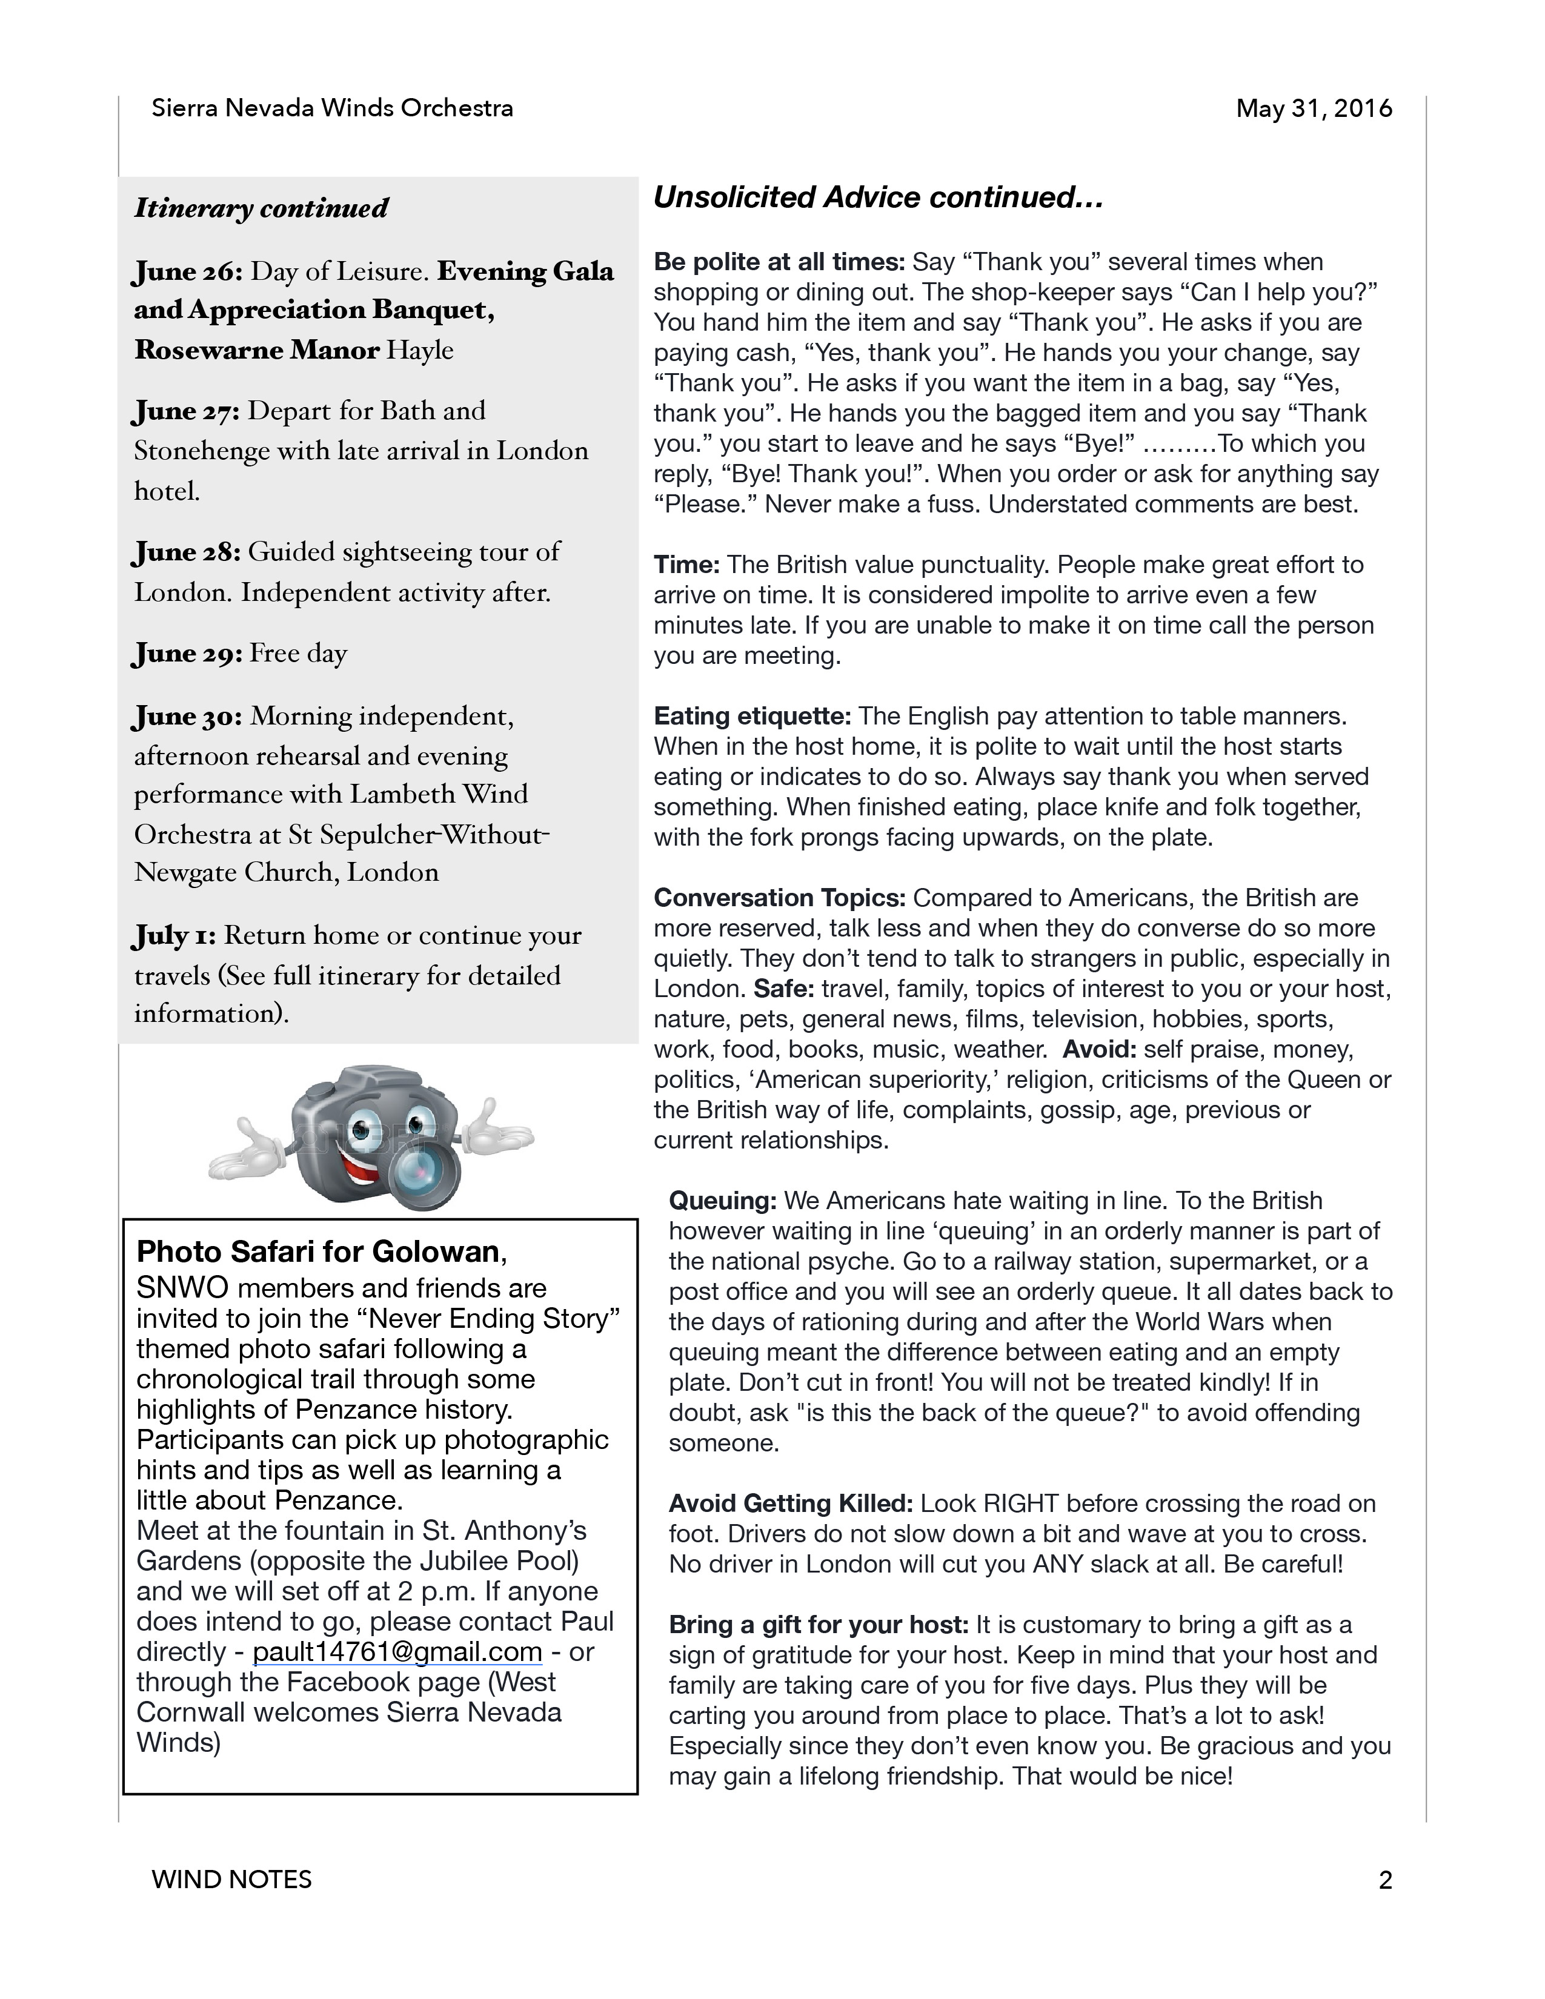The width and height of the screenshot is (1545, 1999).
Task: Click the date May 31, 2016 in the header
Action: click(x=1314, y=109)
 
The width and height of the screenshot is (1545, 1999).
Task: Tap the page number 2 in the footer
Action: click(x=1385, y=1880)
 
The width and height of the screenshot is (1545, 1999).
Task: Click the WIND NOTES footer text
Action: click(x=231, y=1880)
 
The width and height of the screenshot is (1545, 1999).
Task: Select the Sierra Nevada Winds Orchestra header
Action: click(x=332, y=109)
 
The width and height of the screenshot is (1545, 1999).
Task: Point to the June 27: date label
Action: click(x=187, y=411)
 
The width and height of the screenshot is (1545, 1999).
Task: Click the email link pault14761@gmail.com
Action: click(x=397, y=1652)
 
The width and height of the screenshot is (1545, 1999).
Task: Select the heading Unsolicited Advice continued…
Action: click(x=878, y=197)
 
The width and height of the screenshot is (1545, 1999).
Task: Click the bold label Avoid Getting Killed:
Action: click(x=791, y=1504)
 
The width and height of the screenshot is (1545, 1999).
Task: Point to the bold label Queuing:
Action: click(x=723, y=1201)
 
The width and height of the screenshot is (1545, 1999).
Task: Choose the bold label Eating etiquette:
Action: click(x=753, y=716)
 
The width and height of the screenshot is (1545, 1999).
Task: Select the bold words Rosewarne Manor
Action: click(x=256, y=351)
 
